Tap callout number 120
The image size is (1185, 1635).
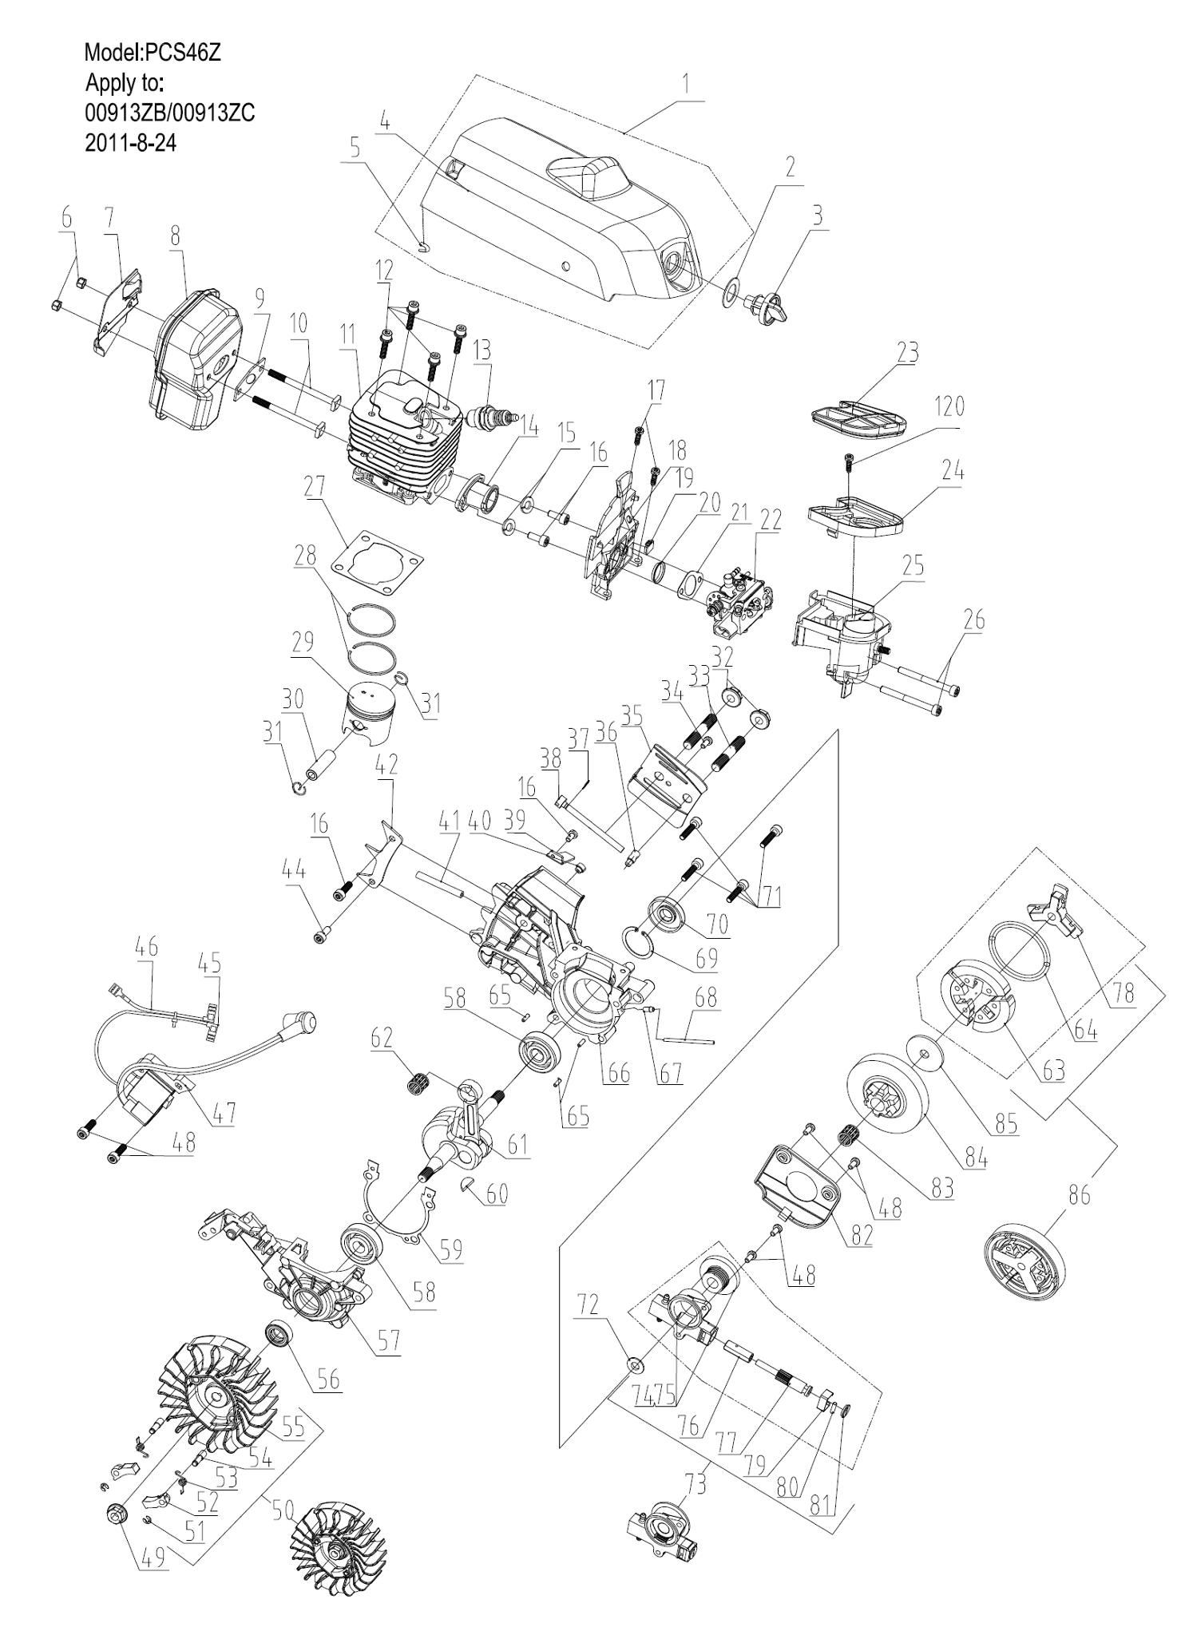(948, 407)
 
